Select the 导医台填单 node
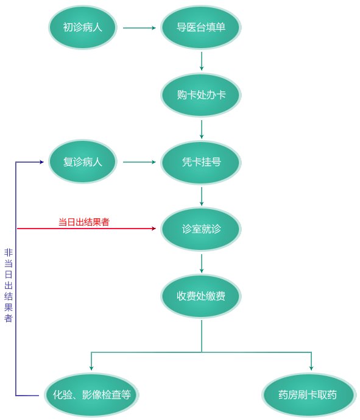click(201, 27)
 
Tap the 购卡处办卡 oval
click(201, 95)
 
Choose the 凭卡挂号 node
click(201, 162)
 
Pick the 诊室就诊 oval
click(201, 229)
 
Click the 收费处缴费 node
click(201, 296)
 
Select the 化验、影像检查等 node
click(91, 394)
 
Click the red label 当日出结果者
click(83, 222)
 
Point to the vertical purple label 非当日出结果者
click(8, 285)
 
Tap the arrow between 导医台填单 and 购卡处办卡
click(201, 61)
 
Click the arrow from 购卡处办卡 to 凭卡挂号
click(201, 128)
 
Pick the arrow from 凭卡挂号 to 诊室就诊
click(201, 196)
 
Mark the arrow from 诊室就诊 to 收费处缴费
click(201, 263)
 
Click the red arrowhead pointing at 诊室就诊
click(154, 229)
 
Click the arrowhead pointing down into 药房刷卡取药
click(311, 368)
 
